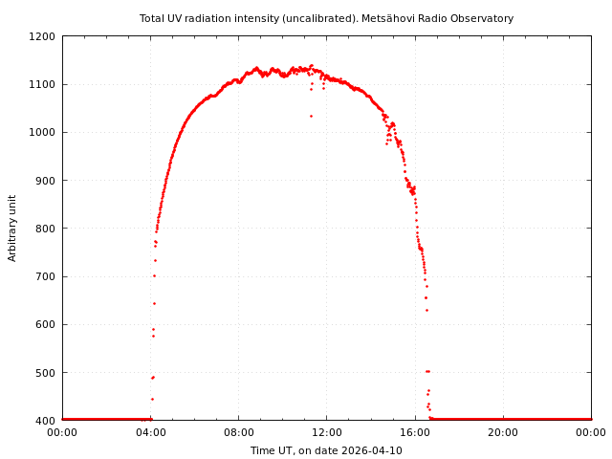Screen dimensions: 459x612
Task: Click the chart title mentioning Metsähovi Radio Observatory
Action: [x=326, y=18]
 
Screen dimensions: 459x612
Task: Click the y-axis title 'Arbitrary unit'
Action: [x=13, y=228]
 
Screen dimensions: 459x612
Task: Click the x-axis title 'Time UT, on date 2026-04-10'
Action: [x=326, y=450]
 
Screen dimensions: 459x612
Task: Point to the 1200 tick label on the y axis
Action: [x=42, y=36]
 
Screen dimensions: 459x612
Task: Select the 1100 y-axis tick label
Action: [x=42, y=84]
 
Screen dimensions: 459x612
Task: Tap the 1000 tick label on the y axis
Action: [x=42, y=132]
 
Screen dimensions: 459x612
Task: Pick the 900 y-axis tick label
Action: [x=45, y=181]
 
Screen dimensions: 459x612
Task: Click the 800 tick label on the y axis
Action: [x=45, y=229]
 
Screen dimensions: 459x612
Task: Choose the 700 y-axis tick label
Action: [x=45, y=276]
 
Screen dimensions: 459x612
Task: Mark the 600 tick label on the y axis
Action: [x=45, y=324]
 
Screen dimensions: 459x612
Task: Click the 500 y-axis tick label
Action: [x=45, y=373]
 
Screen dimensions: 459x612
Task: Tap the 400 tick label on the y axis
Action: [x=45, y=421]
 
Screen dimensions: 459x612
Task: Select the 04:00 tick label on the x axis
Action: [x=150, y=433]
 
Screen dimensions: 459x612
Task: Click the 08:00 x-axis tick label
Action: [x=238, y=433]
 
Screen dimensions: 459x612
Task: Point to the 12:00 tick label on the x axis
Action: [x=326, y=433]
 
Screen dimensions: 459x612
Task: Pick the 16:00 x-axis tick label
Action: [x=415, y=433]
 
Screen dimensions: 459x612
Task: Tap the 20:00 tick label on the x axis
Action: [x=503, y=433]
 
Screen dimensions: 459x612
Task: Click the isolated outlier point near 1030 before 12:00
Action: [x=311, y=116]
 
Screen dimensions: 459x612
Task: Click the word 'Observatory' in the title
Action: [x=483, y=18]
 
